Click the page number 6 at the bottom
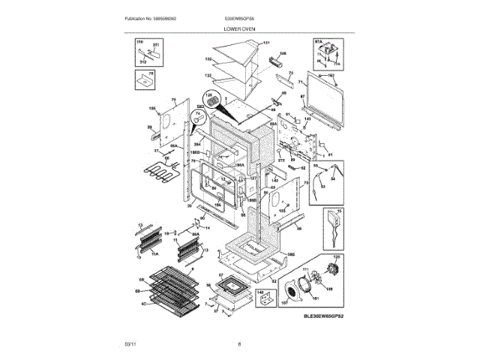(x=239, y=344)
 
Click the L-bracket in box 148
(x=265, y=300)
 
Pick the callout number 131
(x=265, y=43)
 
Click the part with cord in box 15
(x=331, y=222)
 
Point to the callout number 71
(x=300, y=81)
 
